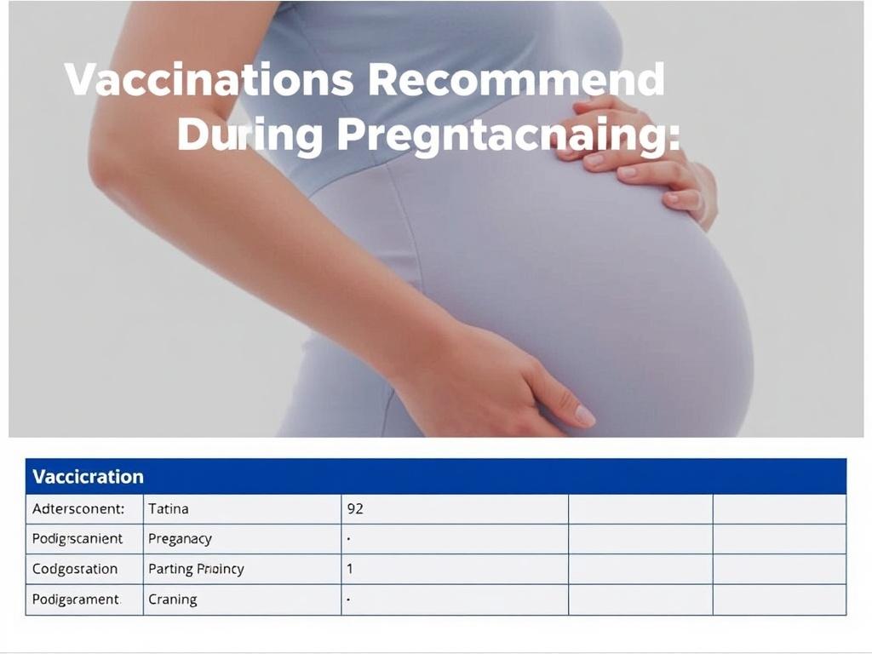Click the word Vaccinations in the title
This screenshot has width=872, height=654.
point(209,80)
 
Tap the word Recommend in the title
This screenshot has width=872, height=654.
point(518,80)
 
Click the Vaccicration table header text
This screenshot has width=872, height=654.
point(88,476)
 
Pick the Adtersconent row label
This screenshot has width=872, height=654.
point(77,508)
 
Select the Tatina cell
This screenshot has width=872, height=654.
point(169,508)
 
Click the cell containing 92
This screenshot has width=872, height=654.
point(355,508)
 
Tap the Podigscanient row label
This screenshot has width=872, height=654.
point(77,538)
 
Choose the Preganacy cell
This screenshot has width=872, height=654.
point(180,538)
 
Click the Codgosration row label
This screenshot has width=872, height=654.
point(75,568)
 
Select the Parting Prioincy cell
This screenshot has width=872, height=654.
point(196,568)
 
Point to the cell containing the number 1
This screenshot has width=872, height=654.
point(350,568)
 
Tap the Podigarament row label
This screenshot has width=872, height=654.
point(76,599)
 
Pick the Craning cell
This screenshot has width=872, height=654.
point(173,599)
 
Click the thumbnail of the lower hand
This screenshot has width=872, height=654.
point(584,416)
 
